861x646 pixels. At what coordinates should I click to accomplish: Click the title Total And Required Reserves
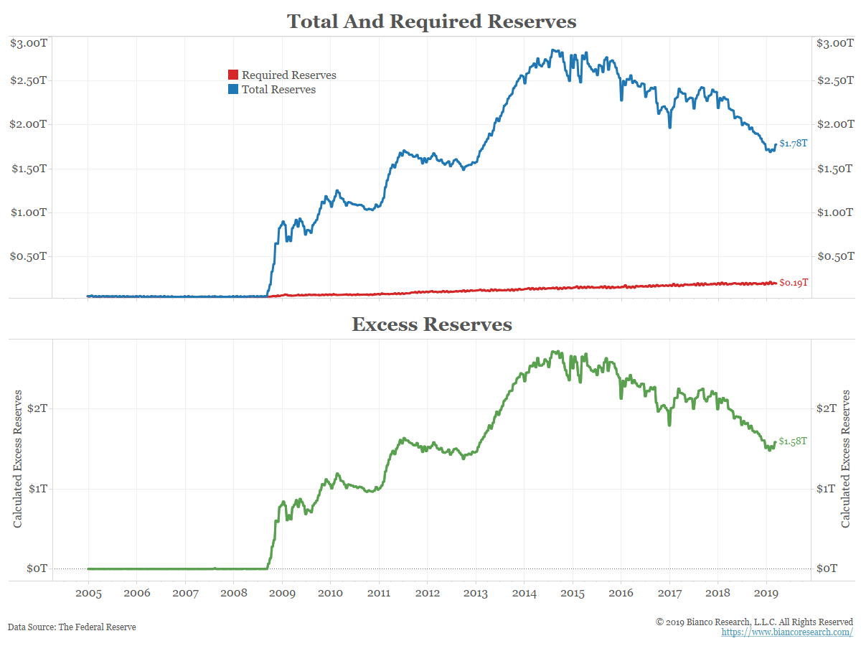pyautogui.click(x=431, y=22)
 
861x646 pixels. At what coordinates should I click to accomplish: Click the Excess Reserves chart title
pyautogui.click(x=431, y=324)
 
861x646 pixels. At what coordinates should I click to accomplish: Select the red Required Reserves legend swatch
pyautogui.click(x=233, y=75)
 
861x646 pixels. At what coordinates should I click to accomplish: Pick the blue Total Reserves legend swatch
pyautogui.click(x=233, y=90)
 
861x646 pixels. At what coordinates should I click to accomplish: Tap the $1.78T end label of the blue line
pyautogui.click(x=794, y=144)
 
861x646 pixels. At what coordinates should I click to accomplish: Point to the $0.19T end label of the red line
pyautogui.click(x=794, y=283)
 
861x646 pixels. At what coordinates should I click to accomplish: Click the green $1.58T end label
pyautogui.click(x=793, y=441)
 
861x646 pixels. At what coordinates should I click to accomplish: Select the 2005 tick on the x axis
pyautogui.click(x=88, y=594)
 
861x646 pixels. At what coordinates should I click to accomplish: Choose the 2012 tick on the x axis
pyautogui.click(x=427, y=594)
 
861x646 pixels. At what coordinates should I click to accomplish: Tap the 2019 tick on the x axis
pyautogui.click(x=766, y=594)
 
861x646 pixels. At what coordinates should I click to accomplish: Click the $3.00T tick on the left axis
pyautogui.click(x=29, y=43)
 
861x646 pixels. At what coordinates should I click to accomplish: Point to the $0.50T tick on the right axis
pyautogui.click(x=835, y=256)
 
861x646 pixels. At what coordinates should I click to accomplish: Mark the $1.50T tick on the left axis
pyautogui.click(x=29, y=169)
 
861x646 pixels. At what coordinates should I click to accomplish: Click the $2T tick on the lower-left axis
pyautogui.click(x=37, y=408)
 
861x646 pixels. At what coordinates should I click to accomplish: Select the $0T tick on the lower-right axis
pyautogui.click(x=827, y=568)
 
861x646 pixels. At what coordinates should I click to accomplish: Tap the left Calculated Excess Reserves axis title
pyautogui.click(x=18, y=459)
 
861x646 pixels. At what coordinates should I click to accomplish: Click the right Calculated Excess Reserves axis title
pyautogui.click(x=847, y=459)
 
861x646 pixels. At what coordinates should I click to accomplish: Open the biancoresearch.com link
pyautogui.click(x=787, y=632)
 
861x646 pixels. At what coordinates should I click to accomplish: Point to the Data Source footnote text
pyautogui.click(x=72, y=627)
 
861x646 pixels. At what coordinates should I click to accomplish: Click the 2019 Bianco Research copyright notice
pyautogui.click(x=754, y=621)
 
